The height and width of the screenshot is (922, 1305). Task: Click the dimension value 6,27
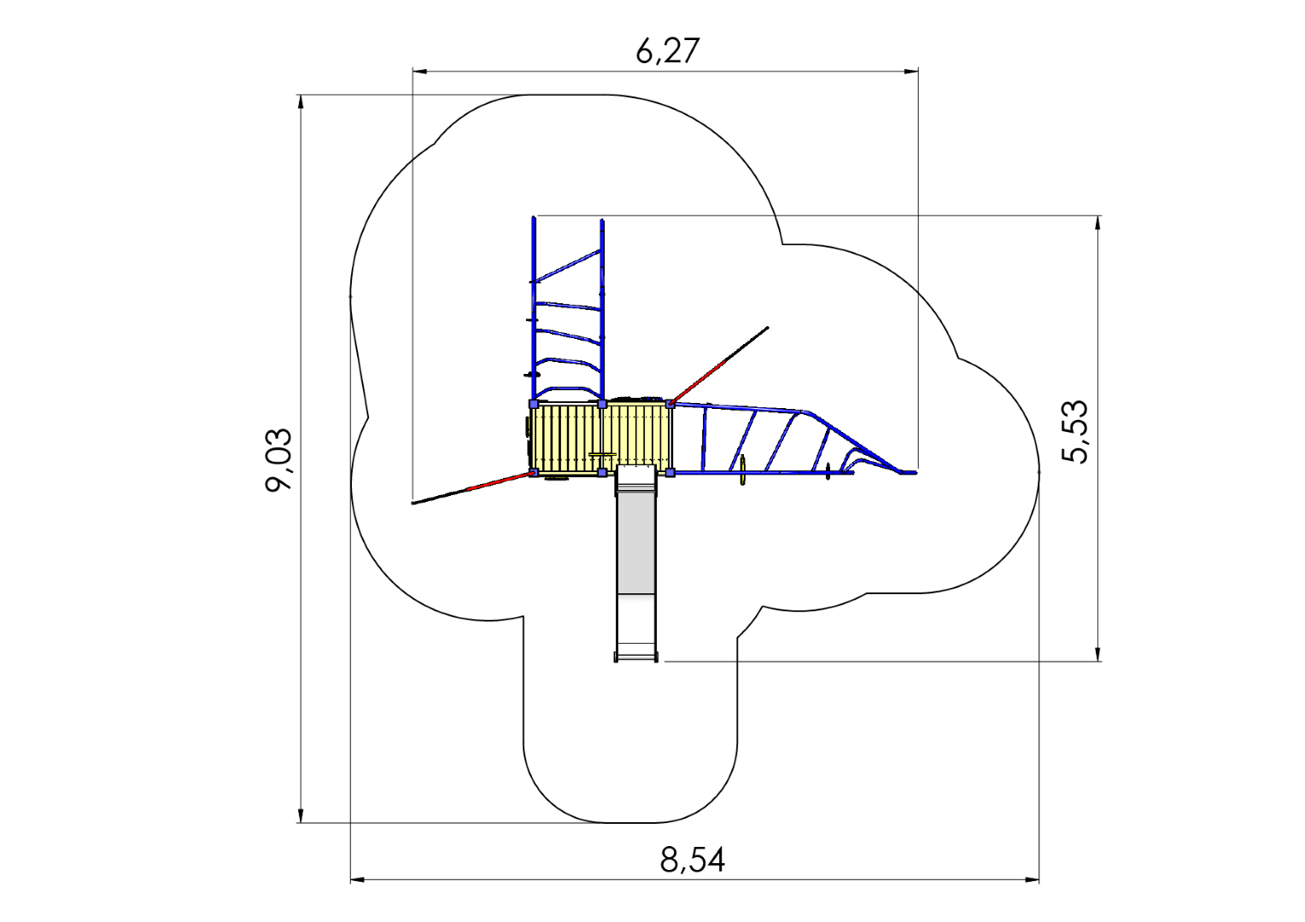point(667,51)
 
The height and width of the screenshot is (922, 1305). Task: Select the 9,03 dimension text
point(278,460)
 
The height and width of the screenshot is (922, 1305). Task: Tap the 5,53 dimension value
point(1074,432)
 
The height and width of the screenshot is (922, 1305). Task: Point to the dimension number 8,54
point(692,860)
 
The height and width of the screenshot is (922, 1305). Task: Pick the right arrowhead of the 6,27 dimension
point(911,72)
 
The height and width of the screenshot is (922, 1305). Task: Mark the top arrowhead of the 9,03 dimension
point(301,102)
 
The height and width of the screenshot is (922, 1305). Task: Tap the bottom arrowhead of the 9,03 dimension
point(301,814)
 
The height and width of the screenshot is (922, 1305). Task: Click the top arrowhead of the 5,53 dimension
point(1098,223)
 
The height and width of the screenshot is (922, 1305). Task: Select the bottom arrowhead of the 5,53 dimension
point(1098,653)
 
